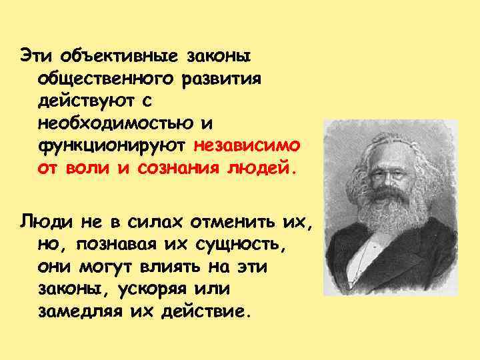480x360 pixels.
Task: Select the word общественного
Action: point(104,77)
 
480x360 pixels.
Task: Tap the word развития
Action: point(221,77)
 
